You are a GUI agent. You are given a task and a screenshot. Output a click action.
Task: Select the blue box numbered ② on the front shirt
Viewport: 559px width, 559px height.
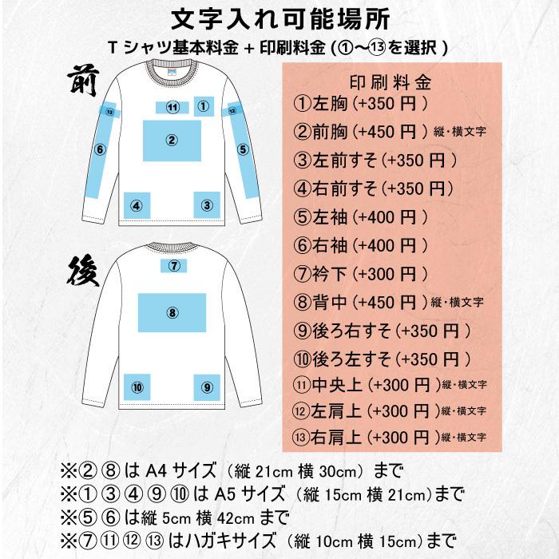[x=171, y=141]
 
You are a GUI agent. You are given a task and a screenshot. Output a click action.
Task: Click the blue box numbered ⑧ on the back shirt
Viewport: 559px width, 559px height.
[x=171, y=311]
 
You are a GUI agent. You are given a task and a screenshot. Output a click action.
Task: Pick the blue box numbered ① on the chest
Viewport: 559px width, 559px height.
[x=203, y=105]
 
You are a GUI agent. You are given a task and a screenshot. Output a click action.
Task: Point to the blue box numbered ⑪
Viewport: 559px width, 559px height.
[x=171, y=107]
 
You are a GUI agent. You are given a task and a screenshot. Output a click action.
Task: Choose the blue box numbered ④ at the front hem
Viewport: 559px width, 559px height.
[x=137, y=205]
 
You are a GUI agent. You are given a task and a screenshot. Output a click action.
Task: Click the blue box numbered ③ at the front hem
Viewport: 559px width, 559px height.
[x=206, y=205]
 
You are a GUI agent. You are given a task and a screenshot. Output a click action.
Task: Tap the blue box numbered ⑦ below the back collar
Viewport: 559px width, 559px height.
[x=172, y=265]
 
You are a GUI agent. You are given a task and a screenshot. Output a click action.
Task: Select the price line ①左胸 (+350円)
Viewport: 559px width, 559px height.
[x=363, y=104]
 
